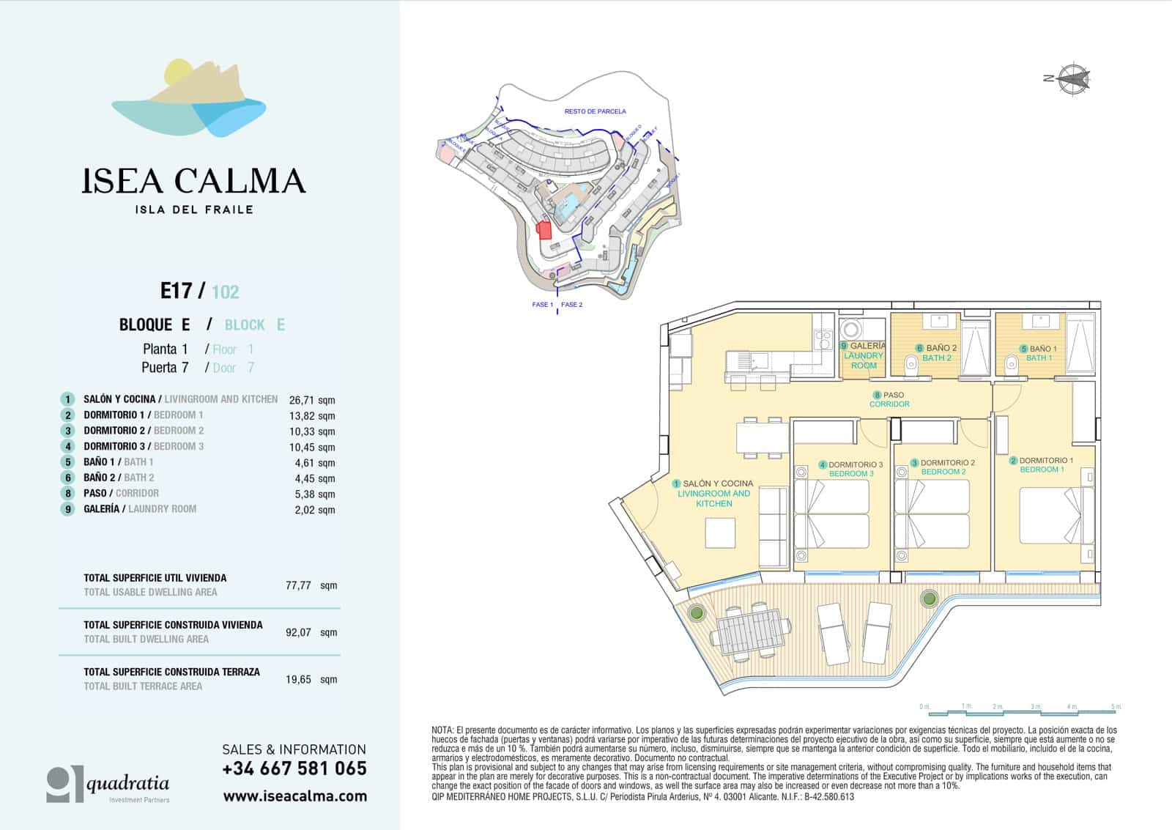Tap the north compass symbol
click(1071, 78)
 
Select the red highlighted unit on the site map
click(544, 230)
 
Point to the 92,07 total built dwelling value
click(298, 632)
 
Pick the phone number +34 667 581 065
click(294, 768)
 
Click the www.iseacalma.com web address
click(294, 796)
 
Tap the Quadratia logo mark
click(64, 783)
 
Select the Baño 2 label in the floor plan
click(937, 352)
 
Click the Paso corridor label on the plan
click(889, 399)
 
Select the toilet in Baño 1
click(1012, 362)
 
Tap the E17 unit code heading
click(176, 291)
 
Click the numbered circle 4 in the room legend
click(67, 446)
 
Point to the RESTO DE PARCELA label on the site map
click(595, 111)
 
